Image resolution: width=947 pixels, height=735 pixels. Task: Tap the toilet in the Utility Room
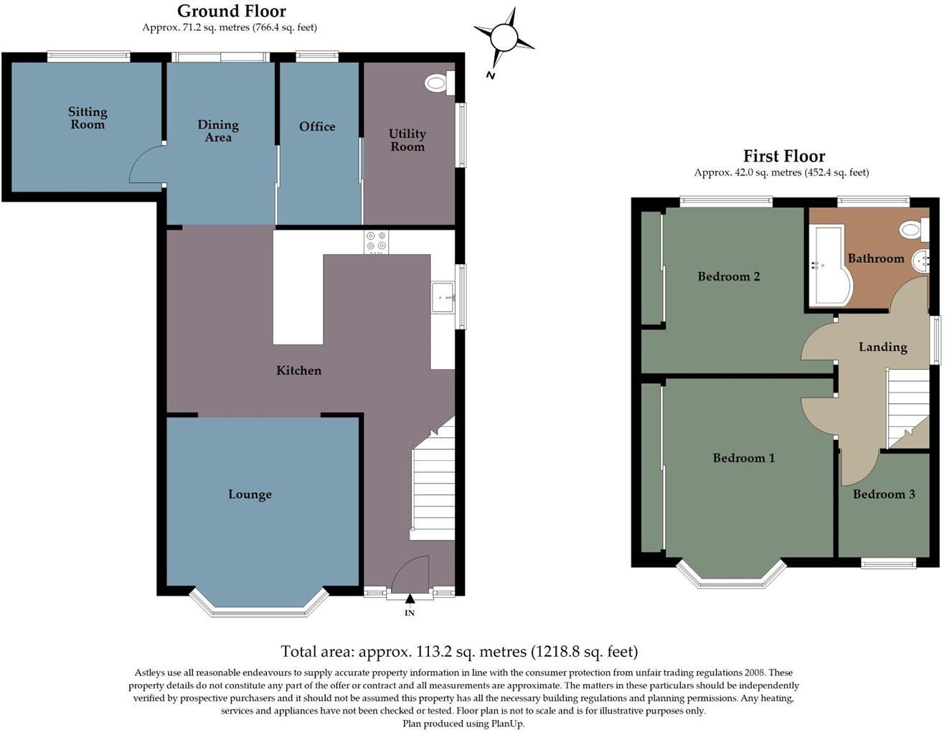(438, 84)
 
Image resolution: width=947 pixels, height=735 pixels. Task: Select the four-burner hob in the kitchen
(377, 243)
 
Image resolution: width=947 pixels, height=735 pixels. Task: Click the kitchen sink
(443, 296)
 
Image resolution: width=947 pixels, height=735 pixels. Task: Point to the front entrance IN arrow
(410, 599)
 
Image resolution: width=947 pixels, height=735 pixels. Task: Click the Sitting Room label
(88, 118)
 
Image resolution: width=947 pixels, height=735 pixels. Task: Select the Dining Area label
(218, 131)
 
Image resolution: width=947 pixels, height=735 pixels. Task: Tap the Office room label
(317, 126)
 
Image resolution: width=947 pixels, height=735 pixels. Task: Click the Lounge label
(250, 495)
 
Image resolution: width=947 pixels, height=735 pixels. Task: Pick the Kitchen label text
(299, 370)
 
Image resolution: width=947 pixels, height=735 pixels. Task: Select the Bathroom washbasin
(920, 261)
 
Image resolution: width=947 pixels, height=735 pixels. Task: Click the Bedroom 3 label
(884, 494)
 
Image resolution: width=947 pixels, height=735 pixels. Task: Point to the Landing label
(883, 347)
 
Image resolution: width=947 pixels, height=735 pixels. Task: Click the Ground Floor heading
(231, 11)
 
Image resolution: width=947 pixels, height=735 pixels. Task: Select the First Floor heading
(783, 156)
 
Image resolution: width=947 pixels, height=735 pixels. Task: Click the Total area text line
(459, 652)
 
